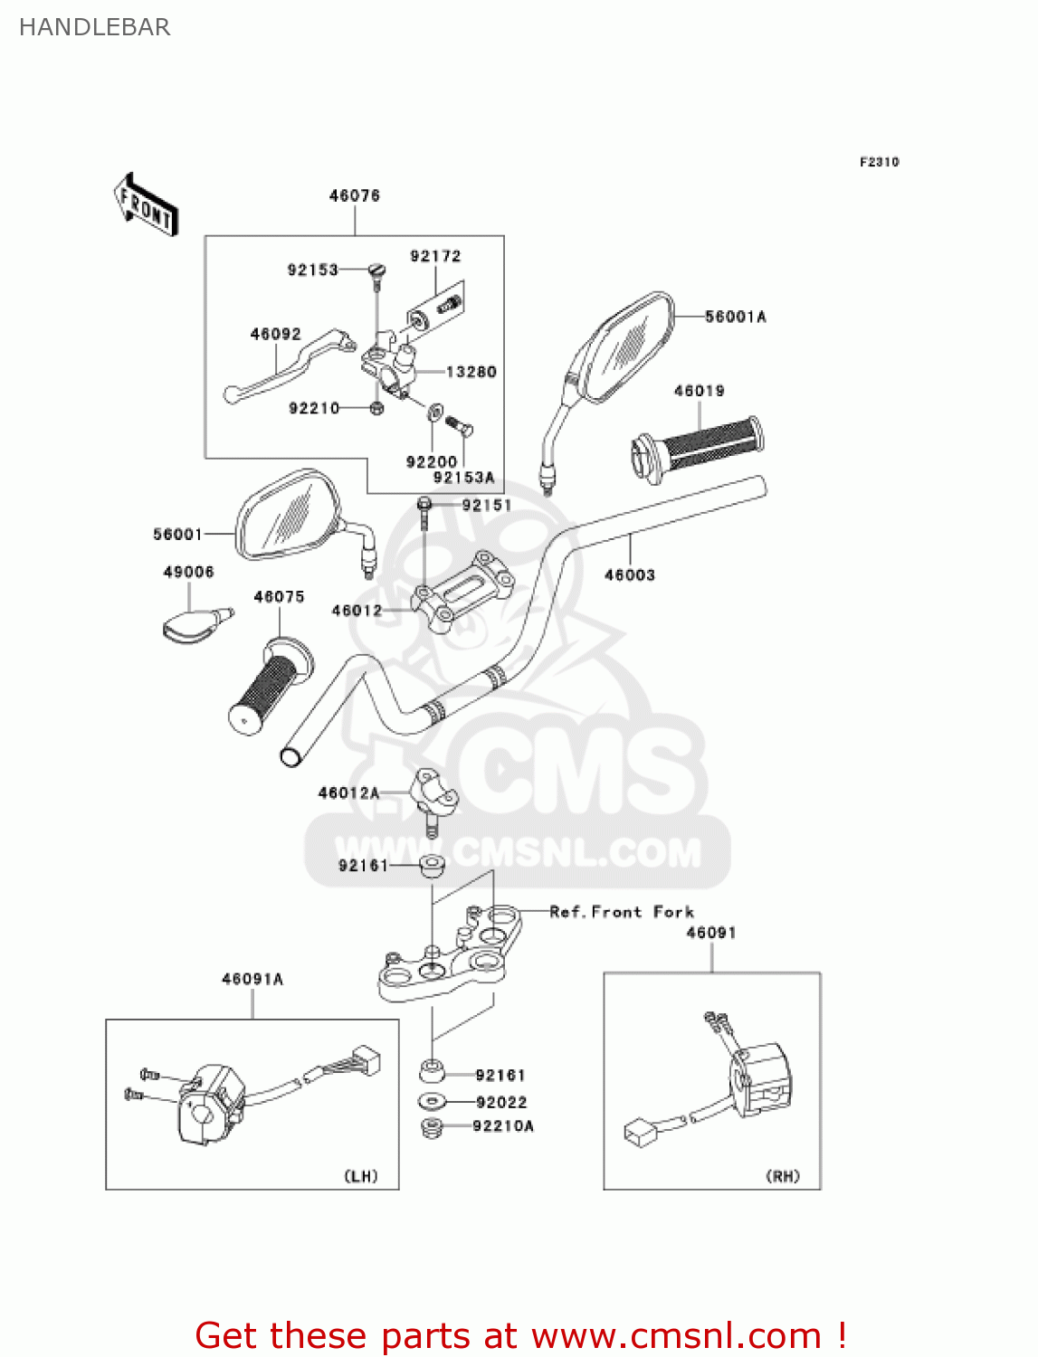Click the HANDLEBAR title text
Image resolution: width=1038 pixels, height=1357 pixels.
click(94, 27)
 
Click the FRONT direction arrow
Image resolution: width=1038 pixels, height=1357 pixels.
click(146, 205)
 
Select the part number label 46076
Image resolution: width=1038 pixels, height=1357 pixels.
click(354, 195)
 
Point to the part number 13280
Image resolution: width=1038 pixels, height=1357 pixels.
click(471, 372)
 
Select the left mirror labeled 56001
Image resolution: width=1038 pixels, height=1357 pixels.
click(286, 517)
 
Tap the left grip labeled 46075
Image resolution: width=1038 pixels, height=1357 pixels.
click(268, 688)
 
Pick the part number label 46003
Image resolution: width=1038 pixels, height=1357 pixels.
click(629, 575)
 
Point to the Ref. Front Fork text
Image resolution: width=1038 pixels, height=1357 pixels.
click(622, 912)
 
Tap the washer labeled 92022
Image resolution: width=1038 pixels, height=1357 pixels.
click(433, 1102)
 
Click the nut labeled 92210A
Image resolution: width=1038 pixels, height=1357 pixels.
click(433, 1127)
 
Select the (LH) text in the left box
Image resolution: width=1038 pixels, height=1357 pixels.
click(360, 1176)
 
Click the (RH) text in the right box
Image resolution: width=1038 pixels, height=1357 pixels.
click(783, 1176)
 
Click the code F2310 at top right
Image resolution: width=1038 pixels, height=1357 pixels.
click(879, 162)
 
